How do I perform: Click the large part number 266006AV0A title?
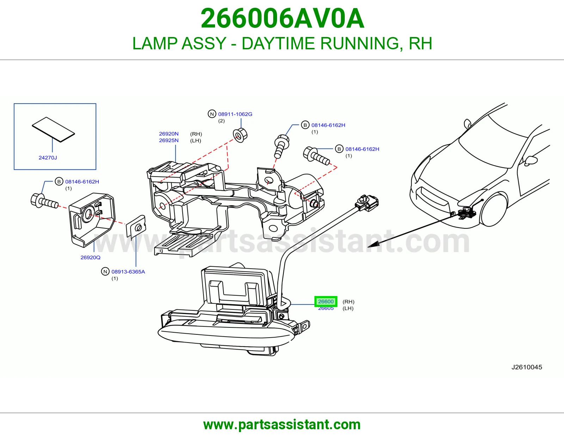pyautogui.click(x=282, y=18)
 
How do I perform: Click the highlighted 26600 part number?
pyautogui.click(x=326, y=301)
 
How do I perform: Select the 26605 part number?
pyautogui.click(x=326, y=308)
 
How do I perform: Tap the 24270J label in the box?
pyautogui.click(x=48, y=158)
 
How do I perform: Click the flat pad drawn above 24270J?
pyautogui.click(x=54, y=129)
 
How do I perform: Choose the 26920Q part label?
pyautogui.click(x=90, y=257)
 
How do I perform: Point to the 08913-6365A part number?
pyautogui.click(x=128, y=272)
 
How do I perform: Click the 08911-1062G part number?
pyautogui.click(x=235, y=114)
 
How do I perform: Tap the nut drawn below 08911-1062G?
pyautogui.click(x=240, y=135)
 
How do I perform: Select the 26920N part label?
pyautogui.click(x=169, y=134)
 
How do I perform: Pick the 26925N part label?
pyautogui.click(x=169, y=140)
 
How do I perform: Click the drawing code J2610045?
pyautogui.click(x=527, y=367)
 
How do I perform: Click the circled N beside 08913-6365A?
pyautogui.click(x=105, y=272)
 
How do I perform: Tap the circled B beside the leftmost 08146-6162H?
pyautogui.click(x=59, y=181)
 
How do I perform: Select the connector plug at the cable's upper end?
pyautogui.click(x=367, y=203)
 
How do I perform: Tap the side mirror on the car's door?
pyautogui.click(x=531, y=161)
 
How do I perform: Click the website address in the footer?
pyautogui.click(x=282, y=425)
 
